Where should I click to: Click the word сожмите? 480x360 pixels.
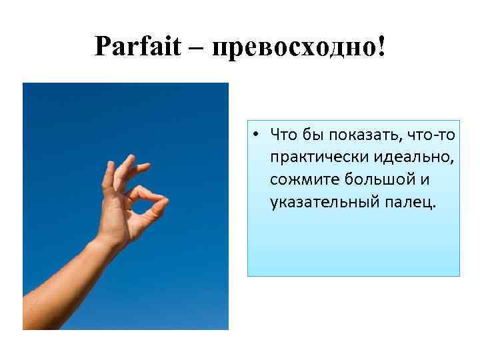click(x=302, y=180)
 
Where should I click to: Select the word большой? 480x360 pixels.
click(x=378, y=180)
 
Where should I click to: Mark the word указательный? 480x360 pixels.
click(x=318, y=201)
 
